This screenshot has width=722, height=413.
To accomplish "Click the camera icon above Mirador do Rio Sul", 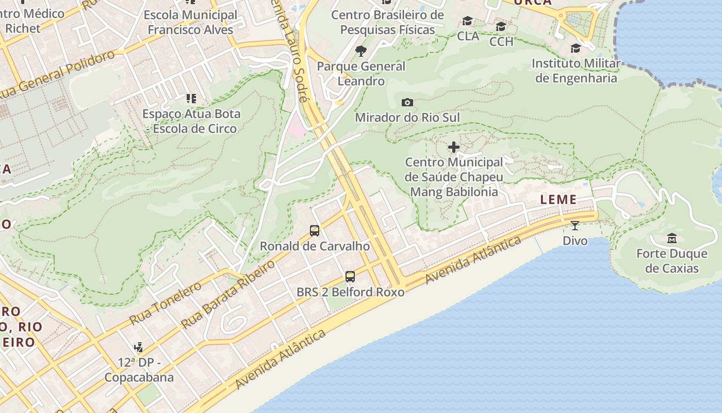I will (x=407, y=102).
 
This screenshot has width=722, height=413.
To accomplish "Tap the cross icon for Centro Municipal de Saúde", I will (x=454, y=148).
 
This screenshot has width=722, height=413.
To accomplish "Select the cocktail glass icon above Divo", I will (x=575, y=226).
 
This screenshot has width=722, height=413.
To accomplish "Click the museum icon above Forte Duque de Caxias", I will (x=672, y=239).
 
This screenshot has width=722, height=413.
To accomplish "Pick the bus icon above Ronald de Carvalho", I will (x=315, y=231).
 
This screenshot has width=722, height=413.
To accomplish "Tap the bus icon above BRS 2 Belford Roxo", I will (x=350, y=277).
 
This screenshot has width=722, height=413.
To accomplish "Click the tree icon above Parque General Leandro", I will (x=361, y=51).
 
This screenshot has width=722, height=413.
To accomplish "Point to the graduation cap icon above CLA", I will (x=468, y=21).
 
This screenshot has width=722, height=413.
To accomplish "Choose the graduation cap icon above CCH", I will (x=501, y=27).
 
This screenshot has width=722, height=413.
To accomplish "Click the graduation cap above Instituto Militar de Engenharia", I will (x=576, y=49).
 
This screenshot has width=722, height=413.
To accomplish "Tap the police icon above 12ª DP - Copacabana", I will (x=138, y=347).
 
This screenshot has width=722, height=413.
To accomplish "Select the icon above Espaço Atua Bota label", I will (x=191, y=98).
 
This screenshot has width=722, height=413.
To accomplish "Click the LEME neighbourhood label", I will (x=558, y=200).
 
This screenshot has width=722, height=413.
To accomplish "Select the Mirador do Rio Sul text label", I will (x=407, y=118).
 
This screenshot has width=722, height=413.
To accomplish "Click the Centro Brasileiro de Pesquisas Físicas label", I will (x=387, y=22).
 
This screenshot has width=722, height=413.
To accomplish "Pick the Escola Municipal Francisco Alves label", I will (x=191, y=22).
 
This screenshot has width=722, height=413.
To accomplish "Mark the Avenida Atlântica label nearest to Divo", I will (x=473, y=261).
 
